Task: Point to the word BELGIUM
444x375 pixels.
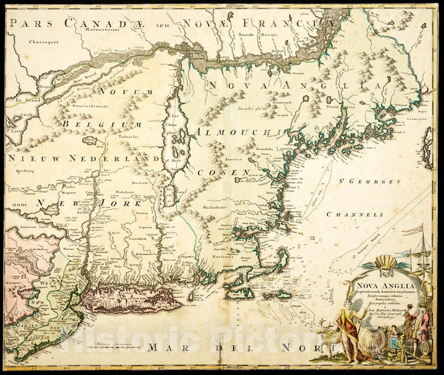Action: (85, 124)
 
